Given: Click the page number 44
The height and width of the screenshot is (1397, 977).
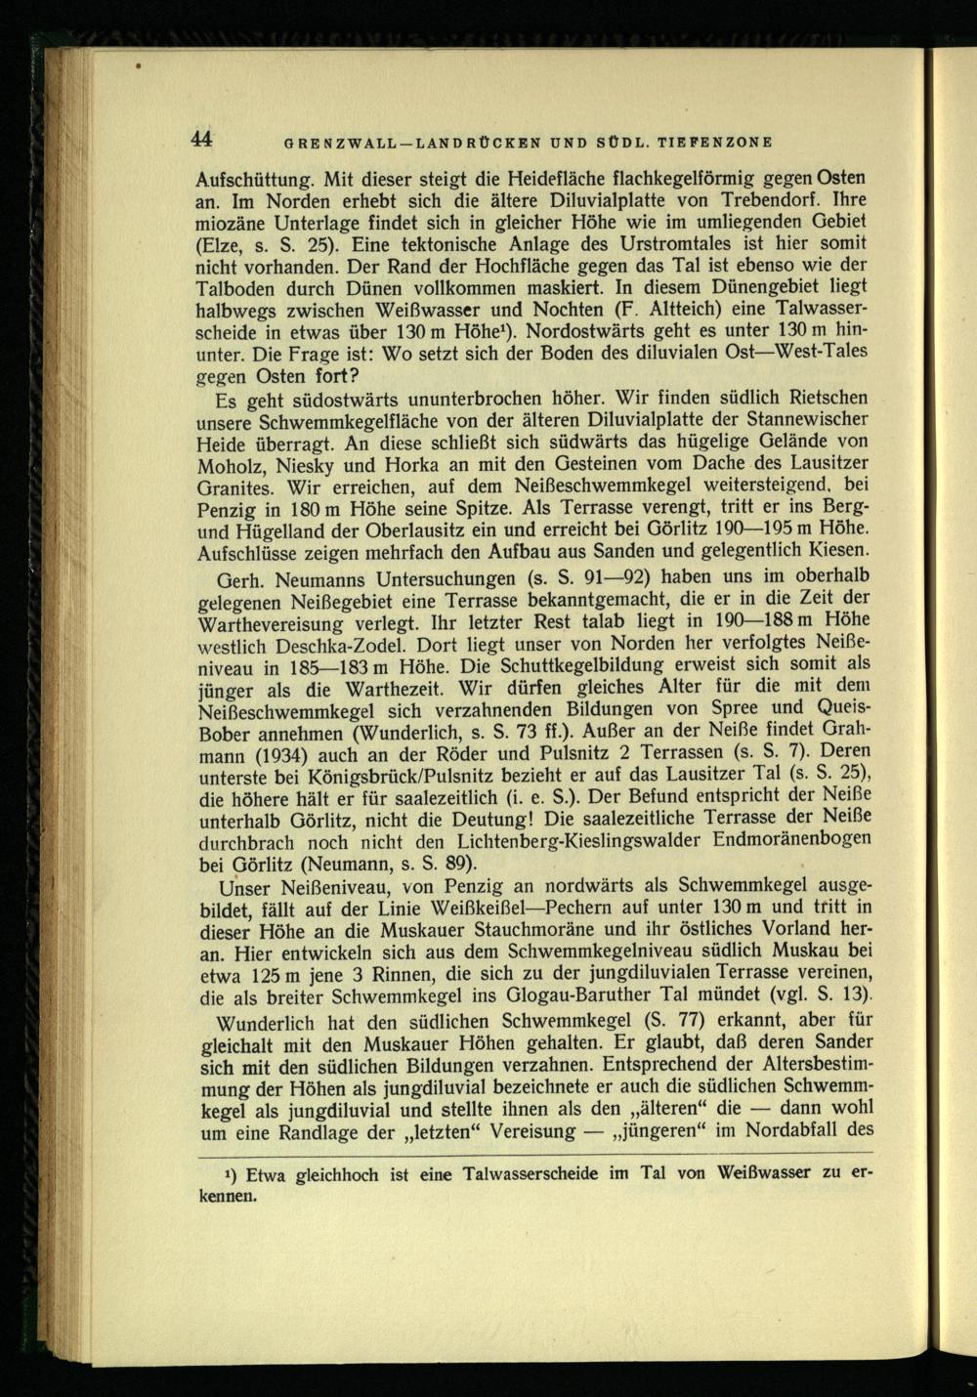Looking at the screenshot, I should (x=202, y=139).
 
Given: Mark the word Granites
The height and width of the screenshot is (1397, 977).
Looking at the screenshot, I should (x=234, y=487).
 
